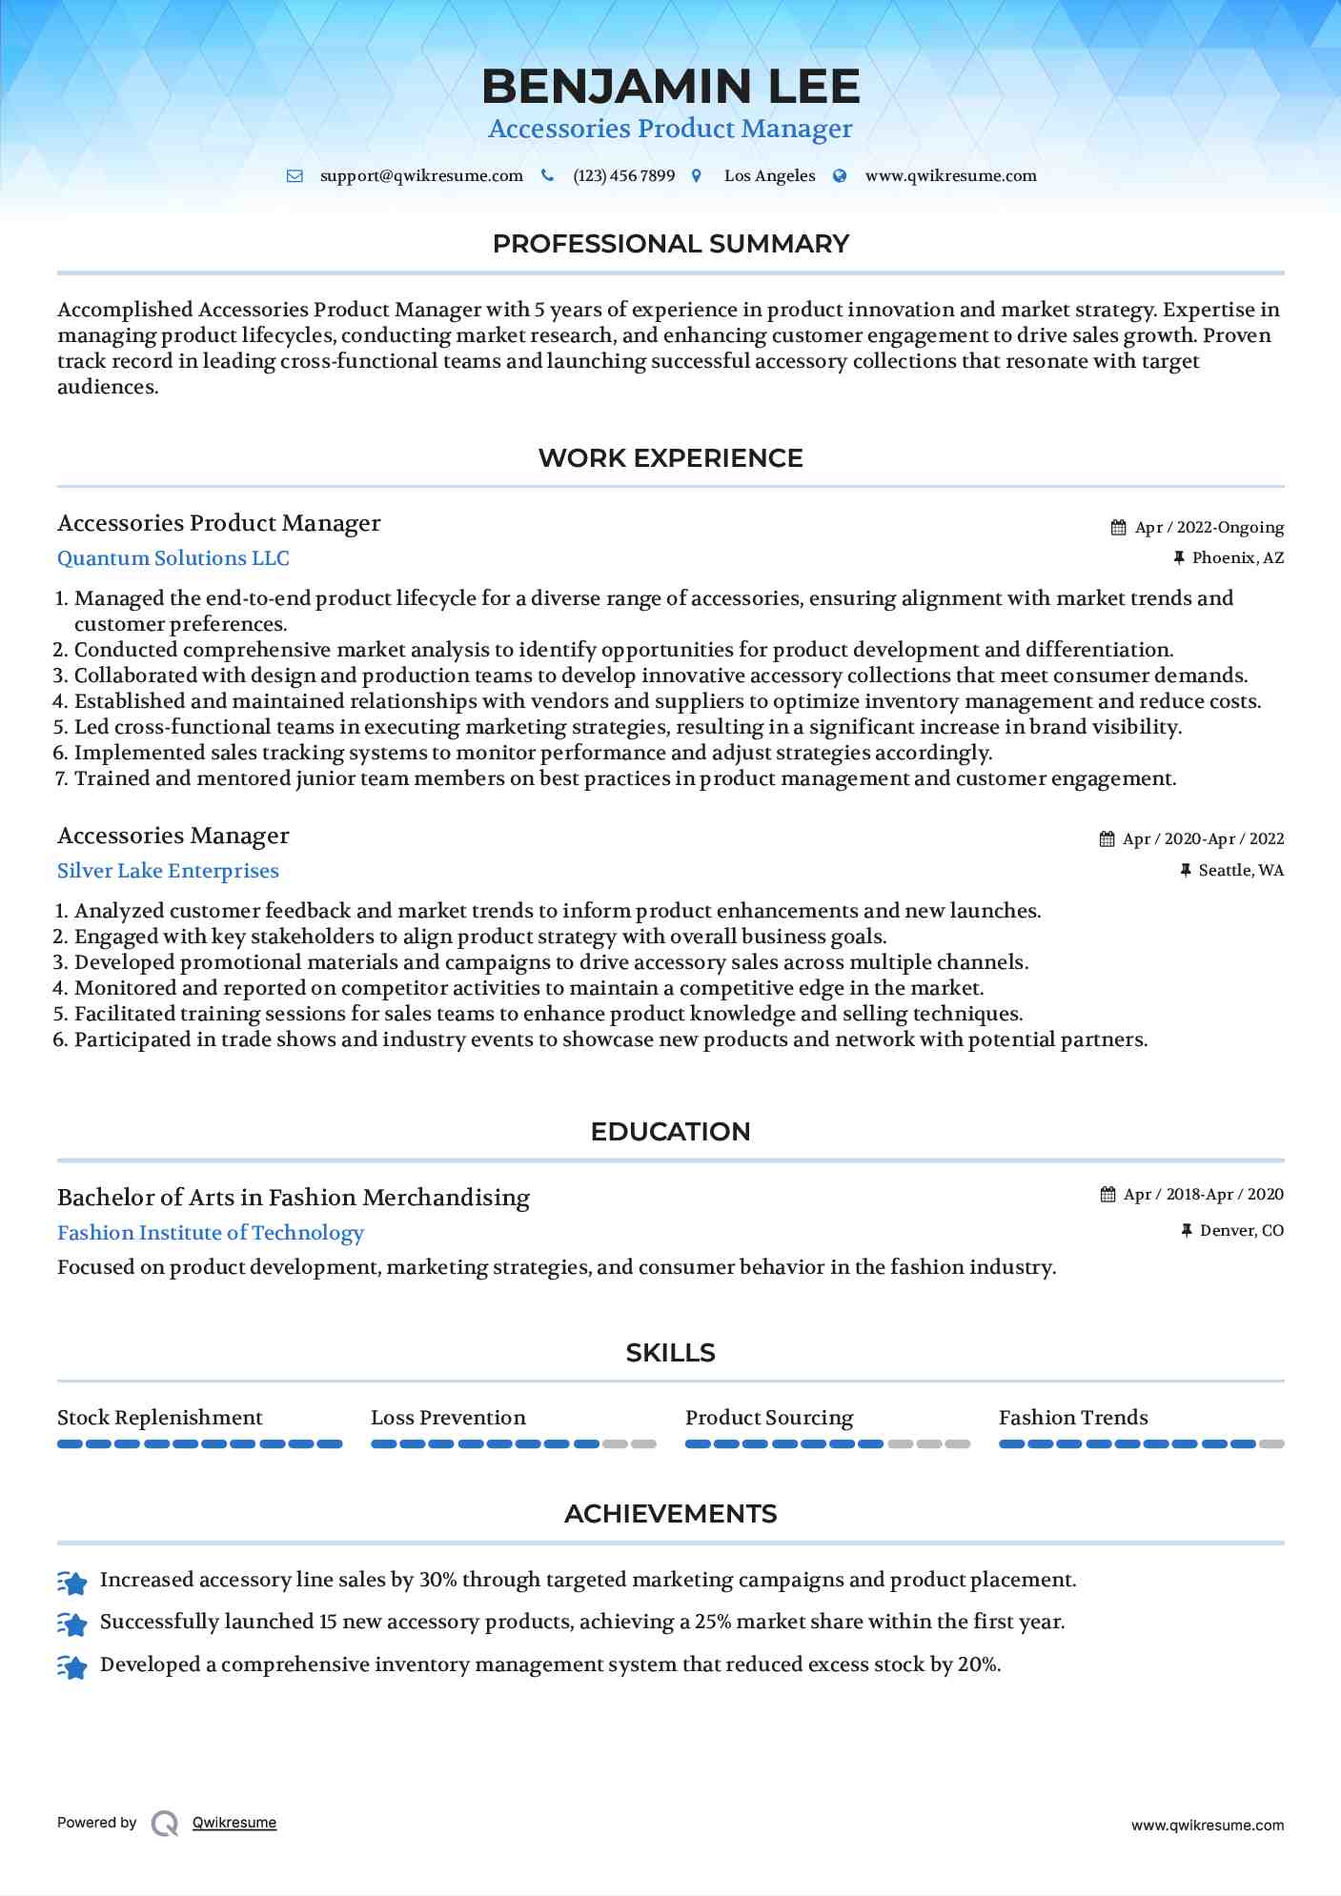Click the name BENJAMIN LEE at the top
click(670, 87)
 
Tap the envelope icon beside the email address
click(295, 176)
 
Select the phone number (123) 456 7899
click(623, 176)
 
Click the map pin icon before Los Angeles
click(697, 176)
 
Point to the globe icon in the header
click(840, 176)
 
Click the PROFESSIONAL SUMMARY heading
click(670, 244)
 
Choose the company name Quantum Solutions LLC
click(173, 558)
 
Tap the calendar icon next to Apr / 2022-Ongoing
click(1119, 528)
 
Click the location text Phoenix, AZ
click(1237, 558)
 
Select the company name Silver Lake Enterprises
click(168, 871)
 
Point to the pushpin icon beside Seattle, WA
click(1186, 870)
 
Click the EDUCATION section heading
click(670, 1132)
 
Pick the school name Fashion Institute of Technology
click(211, 1233)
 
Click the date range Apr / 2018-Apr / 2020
click(1203, 1195)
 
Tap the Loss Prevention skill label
click(448, 1418)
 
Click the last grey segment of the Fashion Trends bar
click(1271, 1444)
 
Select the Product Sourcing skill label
click(769, 1418)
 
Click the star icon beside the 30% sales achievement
click(72, 1583)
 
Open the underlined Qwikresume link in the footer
click(234, 1823)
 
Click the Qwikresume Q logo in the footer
click(165, 1824)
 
